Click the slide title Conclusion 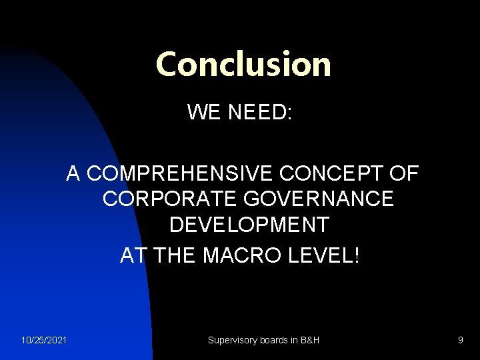click(243, 64)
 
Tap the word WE click(204, 111)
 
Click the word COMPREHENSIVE click(181, 174)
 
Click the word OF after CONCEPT click(403, 174)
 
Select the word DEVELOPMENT click(249, 225)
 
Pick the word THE click(174, 255)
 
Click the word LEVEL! click(323, 255)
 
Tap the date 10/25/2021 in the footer click(44, 340)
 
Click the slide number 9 click(460, 340)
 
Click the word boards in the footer click(273, 340)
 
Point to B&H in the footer click(309, 340)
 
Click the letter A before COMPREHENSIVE click(73, 174)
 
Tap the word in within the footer click(293, 340)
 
